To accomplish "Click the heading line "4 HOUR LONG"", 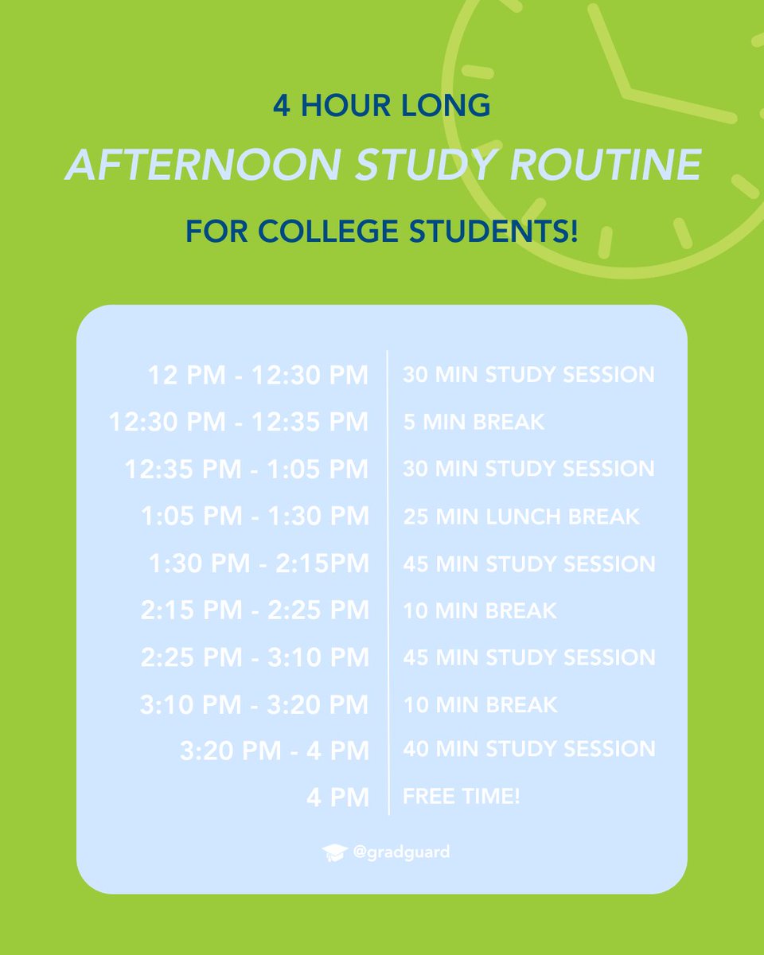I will [381, 107].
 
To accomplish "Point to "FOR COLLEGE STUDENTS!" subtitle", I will [381, 232].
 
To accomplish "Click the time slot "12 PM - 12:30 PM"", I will [258, 375].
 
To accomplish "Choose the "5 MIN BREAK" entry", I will [474, 422].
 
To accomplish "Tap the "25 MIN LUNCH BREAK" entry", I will [520, 516].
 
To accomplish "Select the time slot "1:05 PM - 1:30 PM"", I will [255, 516].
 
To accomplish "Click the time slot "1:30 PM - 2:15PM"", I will [259, 563].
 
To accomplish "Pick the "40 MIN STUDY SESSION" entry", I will [528, 749].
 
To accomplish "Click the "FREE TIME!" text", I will [461, 796].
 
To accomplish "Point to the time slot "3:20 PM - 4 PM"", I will [274, 750].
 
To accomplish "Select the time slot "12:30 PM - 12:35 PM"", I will [239, 422].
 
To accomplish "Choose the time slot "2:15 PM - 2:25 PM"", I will [255, 610].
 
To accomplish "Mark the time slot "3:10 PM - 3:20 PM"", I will [255, 704].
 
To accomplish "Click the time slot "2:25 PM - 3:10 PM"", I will [255, 657].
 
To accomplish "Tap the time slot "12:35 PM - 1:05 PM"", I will [247, 469].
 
